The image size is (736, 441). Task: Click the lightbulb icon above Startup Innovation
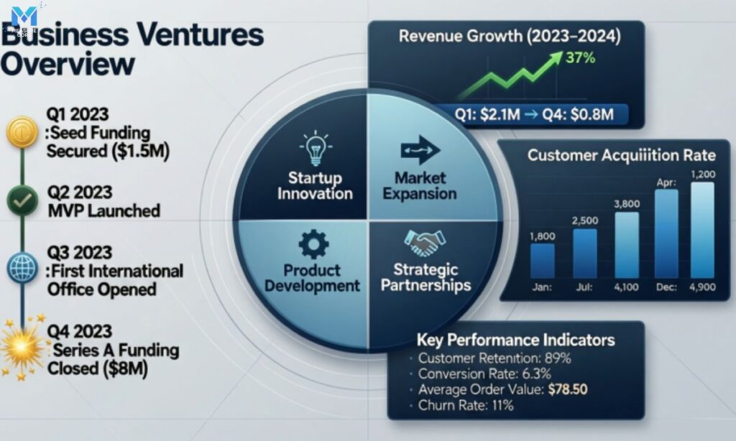pyautogui.click(x=314, y=149)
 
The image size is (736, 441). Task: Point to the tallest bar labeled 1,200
pyautogui.click(x=701, y=229)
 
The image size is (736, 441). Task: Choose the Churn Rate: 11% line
pyautogui.click(x=465, y=406)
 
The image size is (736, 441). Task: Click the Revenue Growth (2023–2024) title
pyautogui.click(x=510, y=35)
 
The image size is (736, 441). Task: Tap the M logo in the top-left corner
pyautogui.click(x=24, y=17)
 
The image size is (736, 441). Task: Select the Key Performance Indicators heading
pyautogui.click(x=515, y=340)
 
